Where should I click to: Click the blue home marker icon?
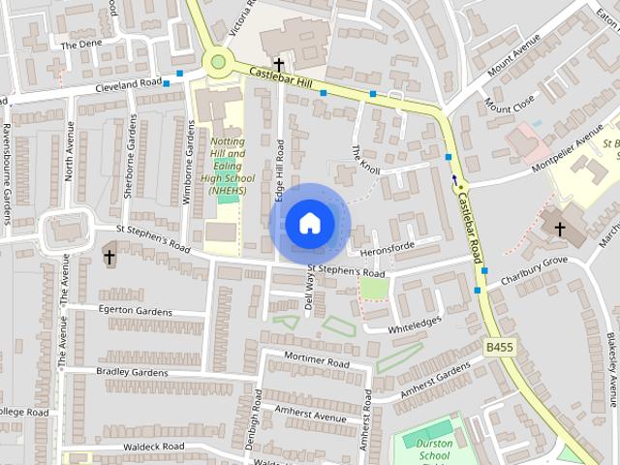pyautogui.click(x=309, y=223)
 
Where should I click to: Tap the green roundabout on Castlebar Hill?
pyautogui.click(x=218, y=62)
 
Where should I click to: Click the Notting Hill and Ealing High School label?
pyautogui.click(x=228, y=165)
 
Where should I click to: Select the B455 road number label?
pyautogui.click(x=500, y=346)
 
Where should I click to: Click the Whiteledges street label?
pyautogui.click(x=415, y=325)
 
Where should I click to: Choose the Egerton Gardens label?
pyautogui.click(x=135, y=311)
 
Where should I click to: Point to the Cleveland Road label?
pyautogui.click(x=128, y=85)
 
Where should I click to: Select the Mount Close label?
pyautogui.click(x=511, y=103)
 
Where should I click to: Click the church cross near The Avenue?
pyautogui.click(x=109, y=257)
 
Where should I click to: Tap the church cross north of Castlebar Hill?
pyautogui.click(x=279, y=63)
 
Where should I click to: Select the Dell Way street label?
pyautogui.click(x=310, y=290)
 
